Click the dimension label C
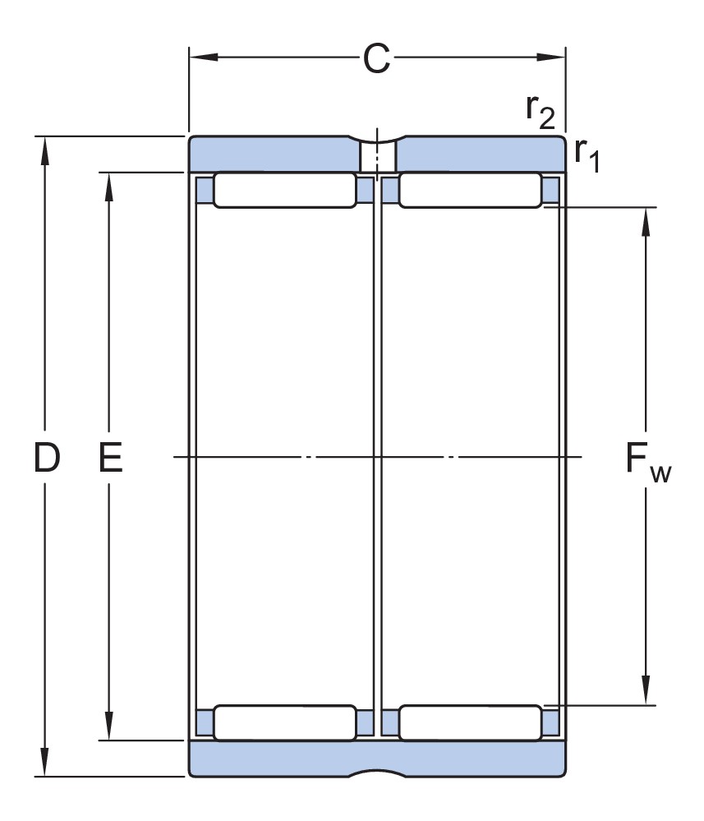[376, 59]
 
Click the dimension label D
[47, 458]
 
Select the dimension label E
[110, 458]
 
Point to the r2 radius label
[541, 111]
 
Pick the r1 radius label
[587, 154]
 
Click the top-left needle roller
[285, 190]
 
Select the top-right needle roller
[470, 190]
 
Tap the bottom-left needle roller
[285, 722]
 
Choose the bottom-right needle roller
[470, 722]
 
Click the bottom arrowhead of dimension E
[108, 729]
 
